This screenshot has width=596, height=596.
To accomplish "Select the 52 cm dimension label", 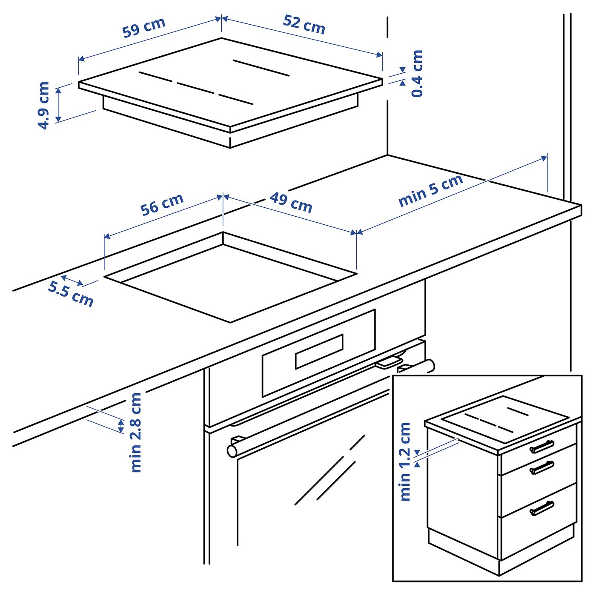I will (304, 24).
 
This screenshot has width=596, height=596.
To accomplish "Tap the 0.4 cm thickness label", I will (417, 74).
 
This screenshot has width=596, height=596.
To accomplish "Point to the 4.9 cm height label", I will (43, 105).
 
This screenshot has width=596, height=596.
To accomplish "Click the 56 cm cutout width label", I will (162, 204).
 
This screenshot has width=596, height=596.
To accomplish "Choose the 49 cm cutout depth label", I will (291, 203).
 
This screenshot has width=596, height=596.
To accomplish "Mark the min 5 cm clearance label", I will (430, 191).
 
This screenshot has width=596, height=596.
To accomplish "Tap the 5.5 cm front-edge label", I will (71, 294).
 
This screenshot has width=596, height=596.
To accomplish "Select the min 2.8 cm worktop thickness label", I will (136, 432).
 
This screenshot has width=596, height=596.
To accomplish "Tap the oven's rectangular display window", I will (319, 351).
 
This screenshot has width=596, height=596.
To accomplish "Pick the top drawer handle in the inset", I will (542, 447).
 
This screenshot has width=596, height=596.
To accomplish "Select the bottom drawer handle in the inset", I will (542, 508).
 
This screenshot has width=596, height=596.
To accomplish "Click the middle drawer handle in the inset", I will (542, 467).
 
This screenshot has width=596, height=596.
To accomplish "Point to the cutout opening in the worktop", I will (230, 281).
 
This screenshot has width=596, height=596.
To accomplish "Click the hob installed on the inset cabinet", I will (504, 419).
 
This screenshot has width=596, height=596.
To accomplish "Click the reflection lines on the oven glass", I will (330, 473).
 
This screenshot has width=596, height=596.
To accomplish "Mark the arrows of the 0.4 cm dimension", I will (402, 76).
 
